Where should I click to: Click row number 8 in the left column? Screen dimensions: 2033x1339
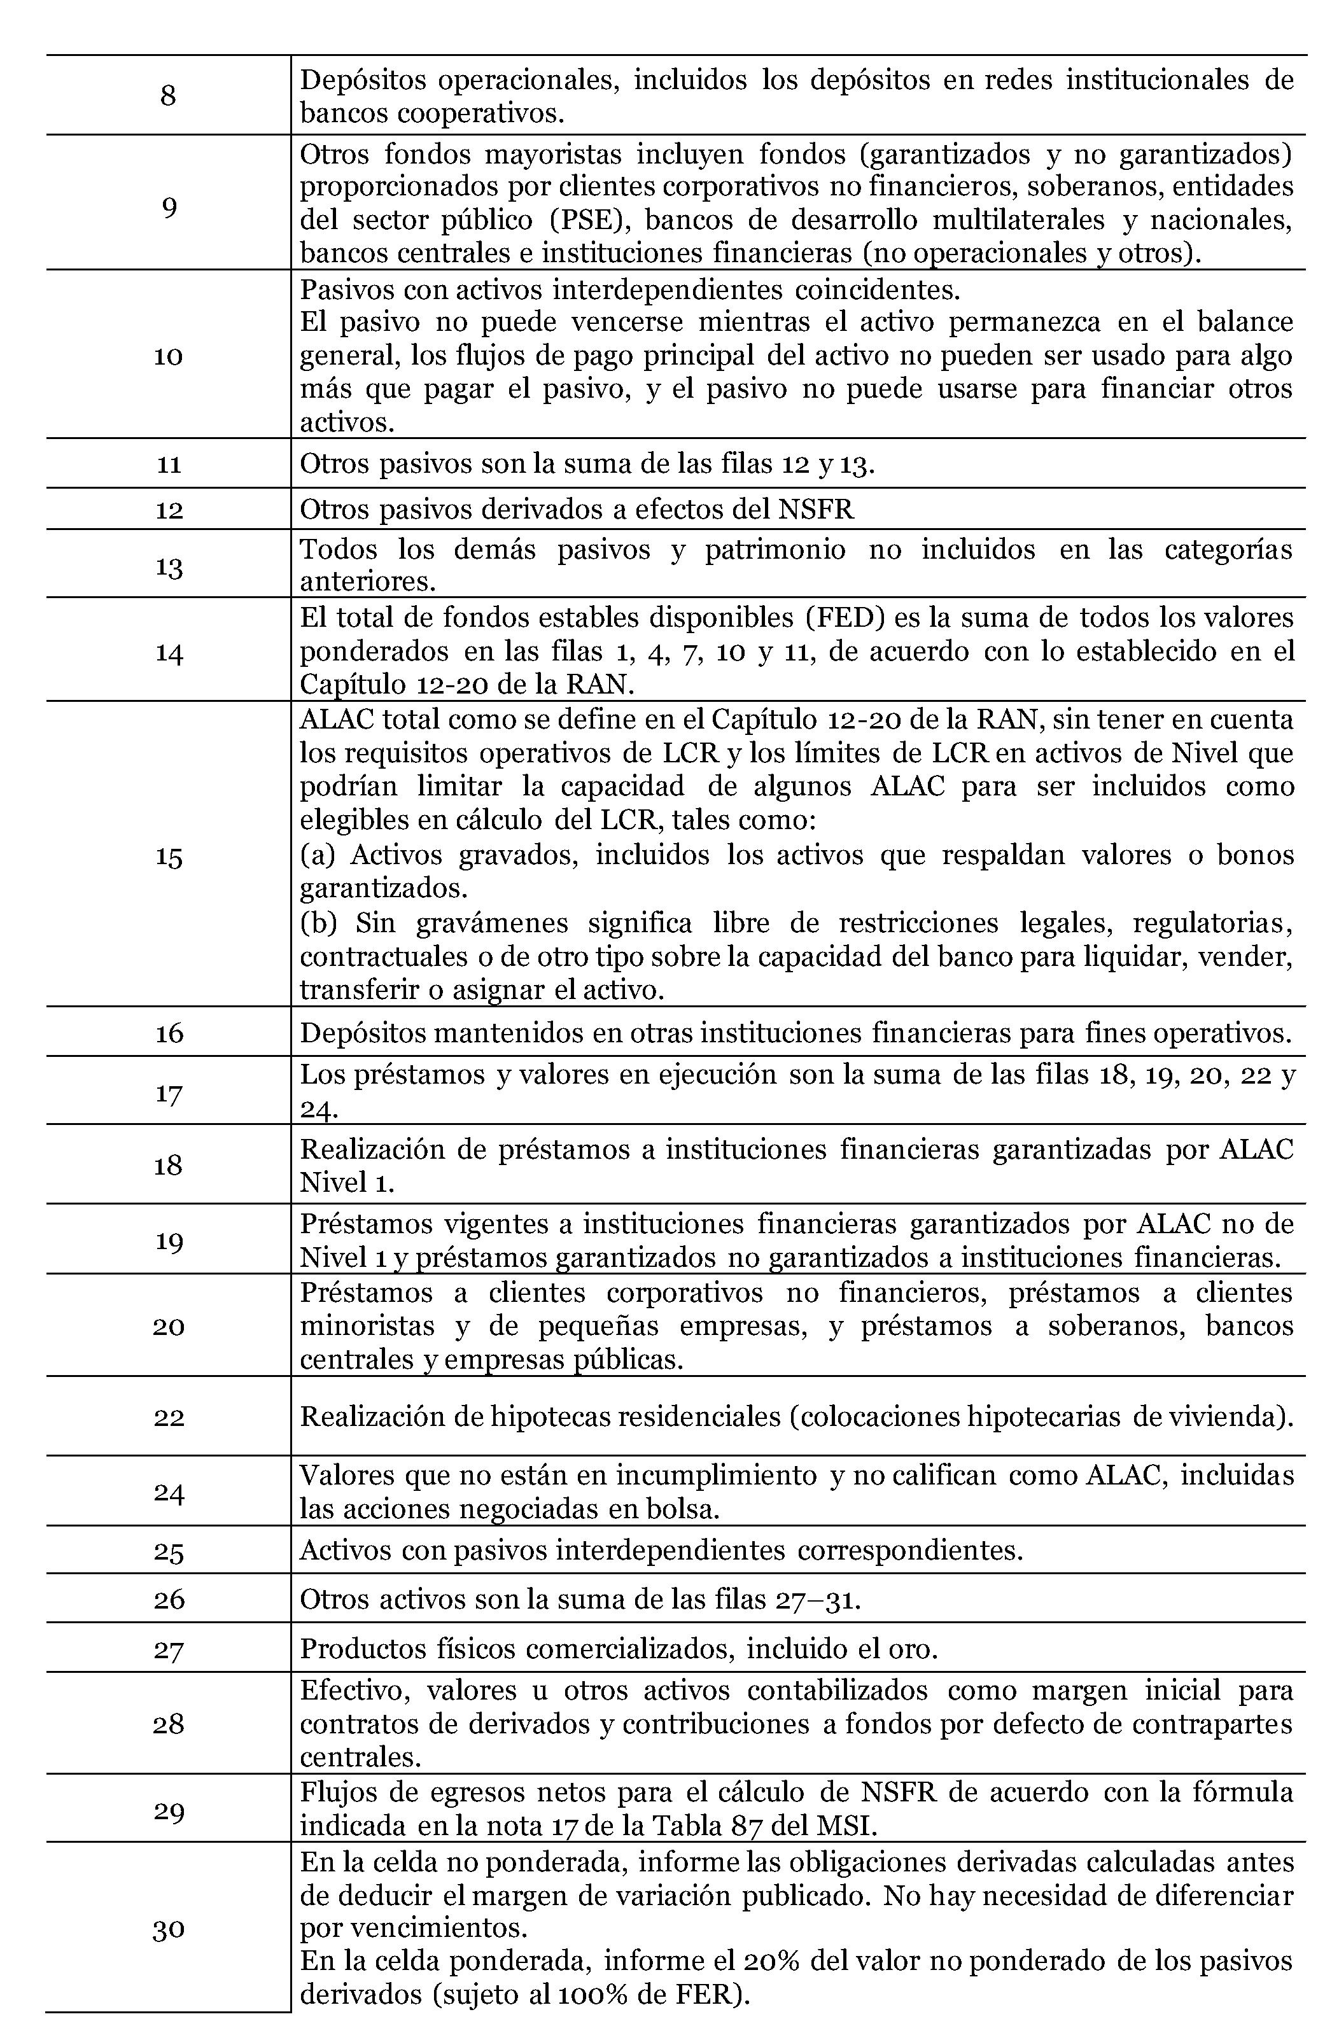[169, 95]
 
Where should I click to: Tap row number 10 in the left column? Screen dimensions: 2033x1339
[169, 355]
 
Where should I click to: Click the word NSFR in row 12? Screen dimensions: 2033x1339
[815, 509]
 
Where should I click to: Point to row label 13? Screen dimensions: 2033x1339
[169, 566]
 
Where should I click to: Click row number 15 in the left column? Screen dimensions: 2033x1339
[169, 856]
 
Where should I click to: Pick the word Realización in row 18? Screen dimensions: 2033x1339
[370, 1149]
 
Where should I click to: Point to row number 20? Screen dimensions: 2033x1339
[169, 1325]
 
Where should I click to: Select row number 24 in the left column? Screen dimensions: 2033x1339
[169, 1492]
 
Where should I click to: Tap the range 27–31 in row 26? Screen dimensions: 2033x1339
[815, 1598]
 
